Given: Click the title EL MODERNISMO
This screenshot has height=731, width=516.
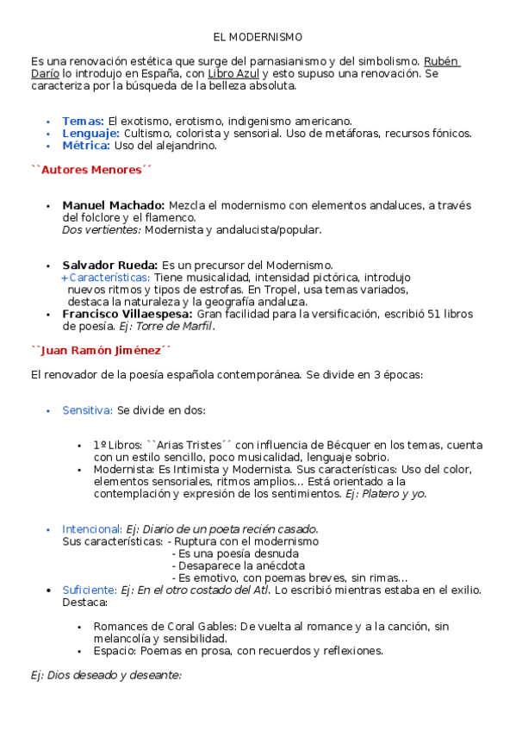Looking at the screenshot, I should click(x=258, y=38).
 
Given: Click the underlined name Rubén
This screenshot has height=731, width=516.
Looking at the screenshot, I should click(x=442, y=62).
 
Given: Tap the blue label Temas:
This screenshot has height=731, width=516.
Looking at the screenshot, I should click(x=84, y=122).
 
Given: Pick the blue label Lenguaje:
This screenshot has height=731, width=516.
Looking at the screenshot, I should click(x=90, y=134).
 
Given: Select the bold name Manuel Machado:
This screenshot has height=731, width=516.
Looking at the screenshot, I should click(x=113, y=205).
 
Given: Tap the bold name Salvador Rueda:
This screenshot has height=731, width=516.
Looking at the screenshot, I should click(x=109, y=265).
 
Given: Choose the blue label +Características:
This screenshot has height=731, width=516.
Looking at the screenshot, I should click(x=106, y=278).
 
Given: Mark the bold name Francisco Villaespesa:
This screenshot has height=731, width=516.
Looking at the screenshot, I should click(x=127, y=315).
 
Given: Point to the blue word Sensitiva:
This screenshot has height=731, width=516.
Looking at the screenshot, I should click(x=87, y=409).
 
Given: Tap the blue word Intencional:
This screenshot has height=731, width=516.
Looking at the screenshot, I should click(x=91, y=528).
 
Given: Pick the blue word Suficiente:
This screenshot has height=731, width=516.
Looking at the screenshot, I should click(x=90, y=590).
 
